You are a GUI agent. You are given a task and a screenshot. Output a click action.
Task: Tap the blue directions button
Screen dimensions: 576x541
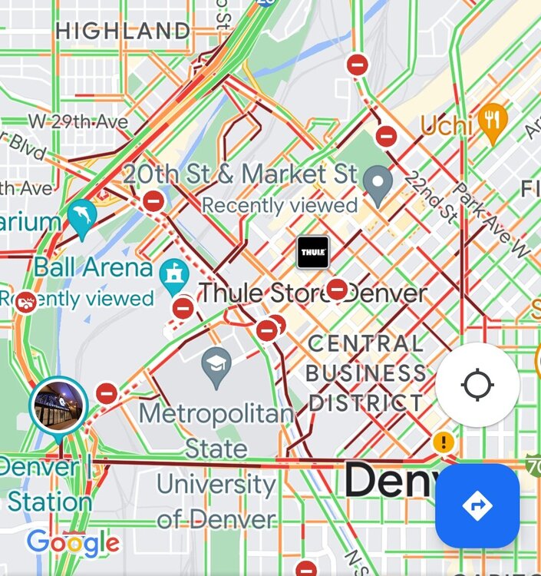tap(477, 505)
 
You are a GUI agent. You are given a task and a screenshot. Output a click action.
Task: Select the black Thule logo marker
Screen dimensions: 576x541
tap(313, 252)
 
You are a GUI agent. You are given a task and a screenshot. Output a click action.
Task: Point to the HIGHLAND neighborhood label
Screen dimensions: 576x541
tap(123, 31)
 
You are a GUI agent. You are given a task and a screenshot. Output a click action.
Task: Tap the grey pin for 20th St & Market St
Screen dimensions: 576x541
tap(378, 184)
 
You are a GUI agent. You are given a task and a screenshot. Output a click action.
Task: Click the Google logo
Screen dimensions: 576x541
tap(73, 544)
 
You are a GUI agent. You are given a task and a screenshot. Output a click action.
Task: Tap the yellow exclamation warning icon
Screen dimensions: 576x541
tap(443, 442)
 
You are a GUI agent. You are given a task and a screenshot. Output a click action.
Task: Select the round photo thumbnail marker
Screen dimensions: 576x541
tap(59, 405)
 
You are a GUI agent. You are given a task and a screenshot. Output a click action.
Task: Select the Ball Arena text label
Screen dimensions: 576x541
tap(93, 268)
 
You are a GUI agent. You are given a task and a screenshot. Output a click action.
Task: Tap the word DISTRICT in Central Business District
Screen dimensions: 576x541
tap(364, 402)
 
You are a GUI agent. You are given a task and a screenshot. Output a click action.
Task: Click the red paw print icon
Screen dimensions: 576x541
tap(26, 302)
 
